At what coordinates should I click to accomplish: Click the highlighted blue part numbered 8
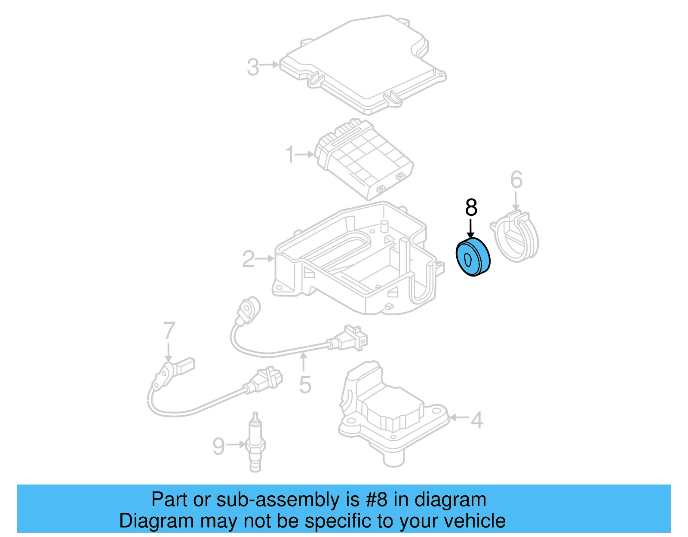click(473, 257)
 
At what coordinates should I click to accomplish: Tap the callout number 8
click(471, 208)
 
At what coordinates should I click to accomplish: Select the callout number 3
click(253, 67)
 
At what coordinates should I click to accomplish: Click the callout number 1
click(290, 154)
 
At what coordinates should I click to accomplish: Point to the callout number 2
click(248, 259)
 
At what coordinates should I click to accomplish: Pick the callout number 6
click(516, 180)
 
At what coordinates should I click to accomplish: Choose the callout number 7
click(169, 331)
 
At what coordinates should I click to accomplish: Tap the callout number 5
click(305, 384)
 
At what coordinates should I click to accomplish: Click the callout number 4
click(476, 420)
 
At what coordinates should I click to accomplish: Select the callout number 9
click(218, 446)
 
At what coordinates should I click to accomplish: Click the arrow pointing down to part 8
click(471, 228)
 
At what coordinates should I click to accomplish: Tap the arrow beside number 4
click(459, 417)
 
